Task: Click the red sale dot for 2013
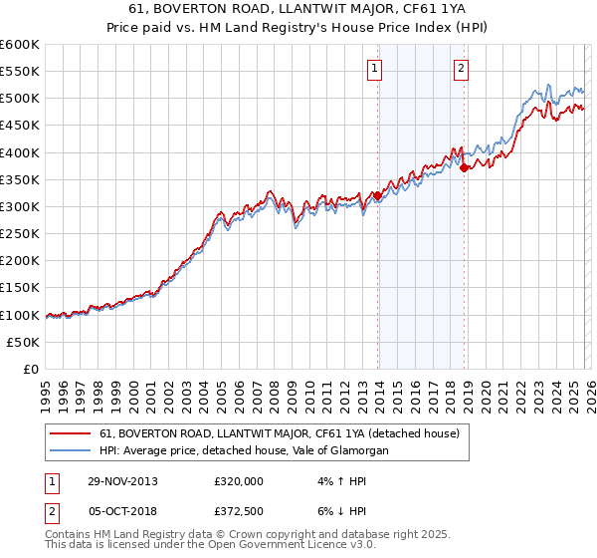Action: (x=378, y=196)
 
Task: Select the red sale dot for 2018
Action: (x=465, y=167)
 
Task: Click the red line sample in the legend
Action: (x=72, y=434)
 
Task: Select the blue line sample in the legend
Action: (x=72, y=451)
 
